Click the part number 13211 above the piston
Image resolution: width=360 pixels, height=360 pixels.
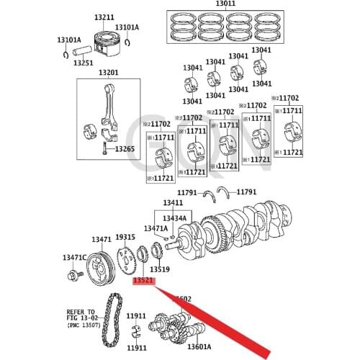coord(104,17)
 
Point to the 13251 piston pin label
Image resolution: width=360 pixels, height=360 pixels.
coord(83,63)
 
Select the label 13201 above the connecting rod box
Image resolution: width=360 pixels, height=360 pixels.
coord(108,73)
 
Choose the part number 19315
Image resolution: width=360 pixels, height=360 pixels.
coord(125,237)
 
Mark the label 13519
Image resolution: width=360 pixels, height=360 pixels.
coord(159,269)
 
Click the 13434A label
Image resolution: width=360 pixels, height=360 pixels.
coord(174,217)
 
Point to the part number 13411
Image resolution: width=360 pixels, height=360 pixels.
coord(173,204)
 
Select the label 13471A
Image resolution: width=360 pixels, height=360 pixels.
coord(155,228)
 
